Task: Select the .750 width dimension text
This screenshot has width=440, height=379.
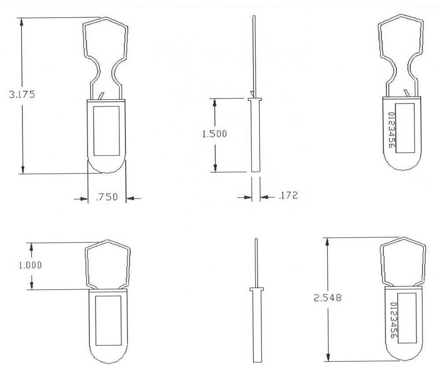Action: (x=106, y=198)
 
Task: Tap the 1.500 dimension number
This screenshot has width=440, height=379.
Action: (x=214, y=134)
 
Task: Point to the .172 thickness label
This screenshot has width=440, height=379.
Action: (x=288, y=195)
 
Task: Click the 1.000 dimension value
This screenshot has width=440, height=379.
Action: (x=31, y=265)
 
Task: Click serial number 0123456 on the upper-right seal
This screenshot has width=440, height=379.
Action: (x=391, y=129)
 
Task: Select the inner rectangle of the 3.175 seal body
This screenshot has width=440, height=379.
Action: (x=107, y=130)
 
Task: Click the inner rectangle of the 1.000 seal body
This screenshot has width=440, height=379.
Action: (x=108, y=320)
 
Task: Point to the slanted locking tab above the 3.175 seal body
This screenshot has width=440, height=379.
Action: (x=102, y=96)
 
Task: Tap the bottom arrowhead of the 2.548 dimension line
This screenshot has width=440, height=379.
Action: (x=327, y=357)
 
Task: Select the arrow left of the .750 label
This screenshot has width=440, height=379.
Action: (x=80, y=199)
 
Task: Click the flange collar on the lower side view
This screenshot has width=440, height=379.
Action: (x=256, y=289)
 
